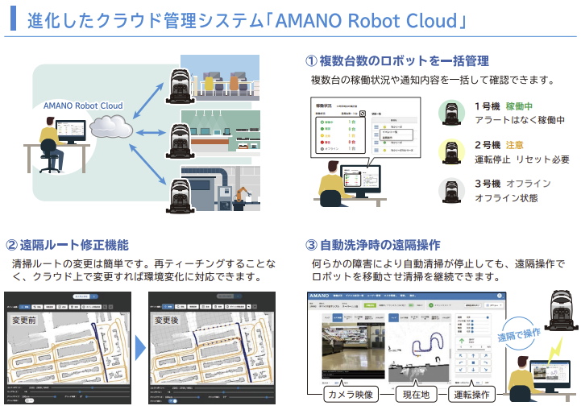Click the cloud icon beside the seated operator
tap(110, 126)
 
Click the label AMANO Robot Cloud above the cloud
tap(83, 106)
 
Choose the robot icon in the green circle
tap(454, 112)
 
